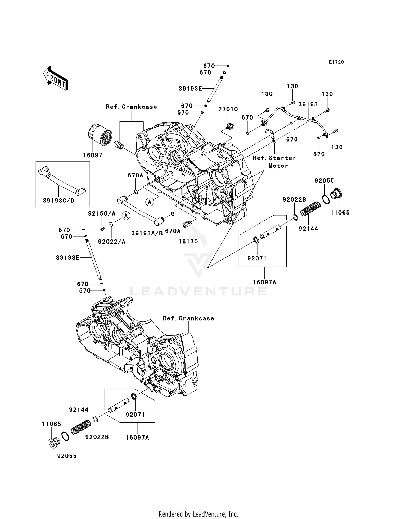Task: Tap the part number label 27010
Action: tap(228, 109)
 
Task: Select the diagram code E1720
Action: tap(336, 62)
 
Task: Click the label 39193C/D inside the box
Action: tap(58, 201)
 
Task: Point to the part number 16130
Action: tap(188, 241)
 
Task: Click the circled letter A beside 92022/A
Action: tap(126, 216)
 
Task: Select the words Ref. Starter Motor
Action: tap(274, 162)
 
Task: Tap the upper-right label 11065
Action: tap(340, 212)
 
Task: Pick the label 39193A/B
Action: tap(147, 233)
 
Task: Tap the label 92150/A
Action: tap(102, 213)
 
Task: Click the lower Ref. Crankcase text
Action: tap(188, 318)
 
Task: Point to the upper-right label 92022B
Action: tap(294, 199)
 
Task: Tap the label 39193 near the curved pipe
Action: tap(308, 104)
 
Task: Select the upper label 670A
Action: tap(135, 175)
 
